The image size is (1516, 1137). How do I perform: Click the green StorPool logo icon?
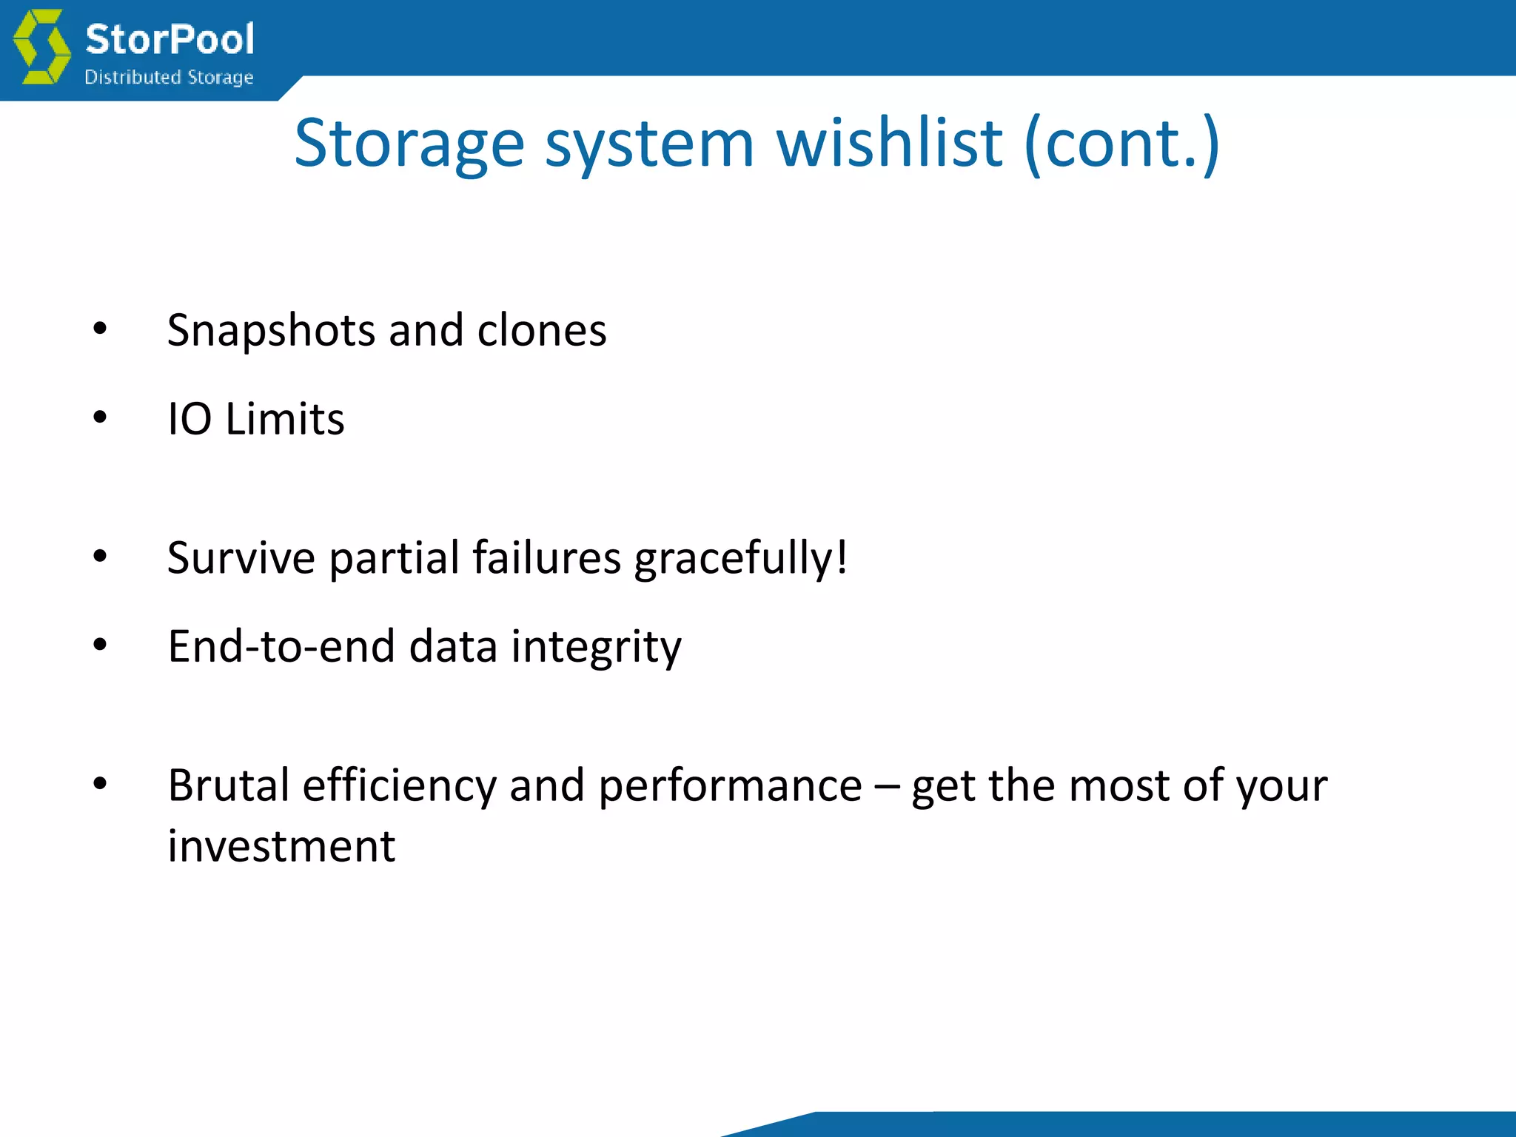(42, 46)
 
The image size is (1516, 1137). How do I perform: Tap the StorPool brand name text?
(170, 38)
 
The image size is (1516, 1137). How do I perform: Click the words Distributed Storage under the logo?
(169, 77)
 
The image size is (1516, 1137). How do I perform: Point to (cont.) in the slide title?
(1121, 144)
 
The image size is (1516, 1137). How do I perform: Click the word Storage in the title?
(409, 144)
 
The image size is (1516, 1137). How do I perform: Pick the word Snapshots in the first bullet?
(271, 331)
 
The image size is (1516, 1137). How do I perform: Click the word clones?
(542, 330)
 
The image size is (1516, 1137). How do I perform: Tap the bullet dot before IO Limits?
(100, 418)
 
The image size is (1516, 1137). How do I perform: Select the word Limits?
(285, 419)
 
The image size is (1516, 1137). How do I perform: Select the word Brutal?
(229, 785)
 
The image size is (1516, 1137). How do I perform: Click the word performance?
(730, 786)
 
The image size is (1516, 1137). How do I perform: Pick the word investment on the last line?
(281, 846)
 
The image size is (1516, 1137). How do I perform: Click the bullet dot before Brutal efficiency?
(100, 784)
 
